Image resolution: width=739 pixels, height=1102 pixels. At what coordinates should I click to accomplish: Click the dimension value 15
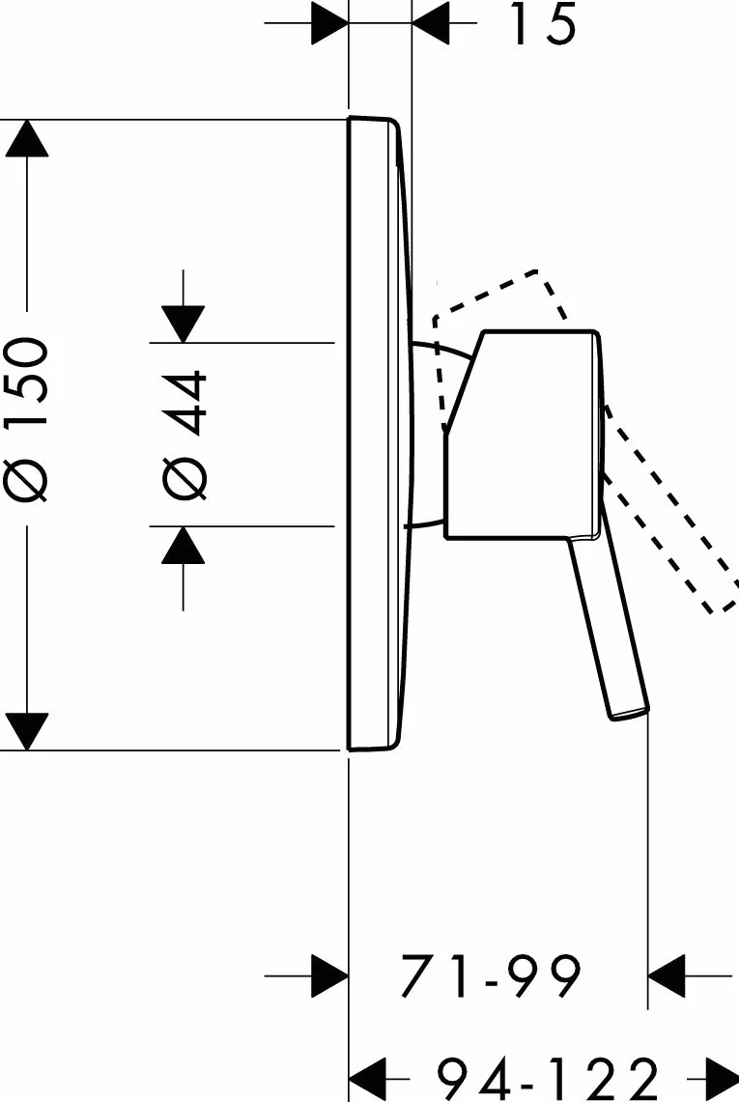pos(541,23)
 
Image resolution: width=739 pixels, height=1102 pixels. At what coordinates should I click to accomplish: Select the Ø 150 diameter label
pos(27,419)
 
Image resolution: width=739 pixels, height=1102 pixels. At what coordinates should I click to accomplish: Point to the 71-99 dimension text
pos(490,975)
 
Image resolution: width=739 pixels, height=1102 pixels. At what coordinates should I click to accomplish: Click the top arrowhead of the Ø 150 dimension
pos(27,138)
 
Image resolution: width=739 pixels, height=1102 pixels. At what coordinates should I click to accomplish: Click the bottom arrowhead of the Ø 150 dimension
pos(27,732)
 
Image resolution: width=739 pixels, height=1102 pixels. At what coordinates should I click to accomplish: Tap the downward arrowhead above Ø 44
pos(183,325)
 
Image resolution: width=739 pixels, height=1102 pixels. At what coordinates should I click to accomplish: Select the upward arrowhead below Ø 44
pos(183,545)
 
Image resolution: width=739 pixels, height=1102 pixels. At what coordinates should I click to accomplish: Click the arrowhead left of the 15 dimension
pos(329,23)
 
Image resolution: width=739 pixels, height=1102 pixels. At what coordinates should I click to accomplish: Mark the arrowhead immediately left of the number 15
pos(431,23)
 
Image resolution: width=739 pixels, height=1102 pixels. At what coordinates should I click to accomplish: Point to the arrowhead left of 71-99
pos(329,975)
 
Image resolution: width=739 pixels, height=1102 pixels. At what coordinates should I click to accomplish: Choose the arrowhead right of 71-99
pos(666,975)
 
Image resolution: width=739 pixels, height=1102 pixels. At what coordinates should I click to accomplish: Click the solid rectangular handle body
pos(523,435)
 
